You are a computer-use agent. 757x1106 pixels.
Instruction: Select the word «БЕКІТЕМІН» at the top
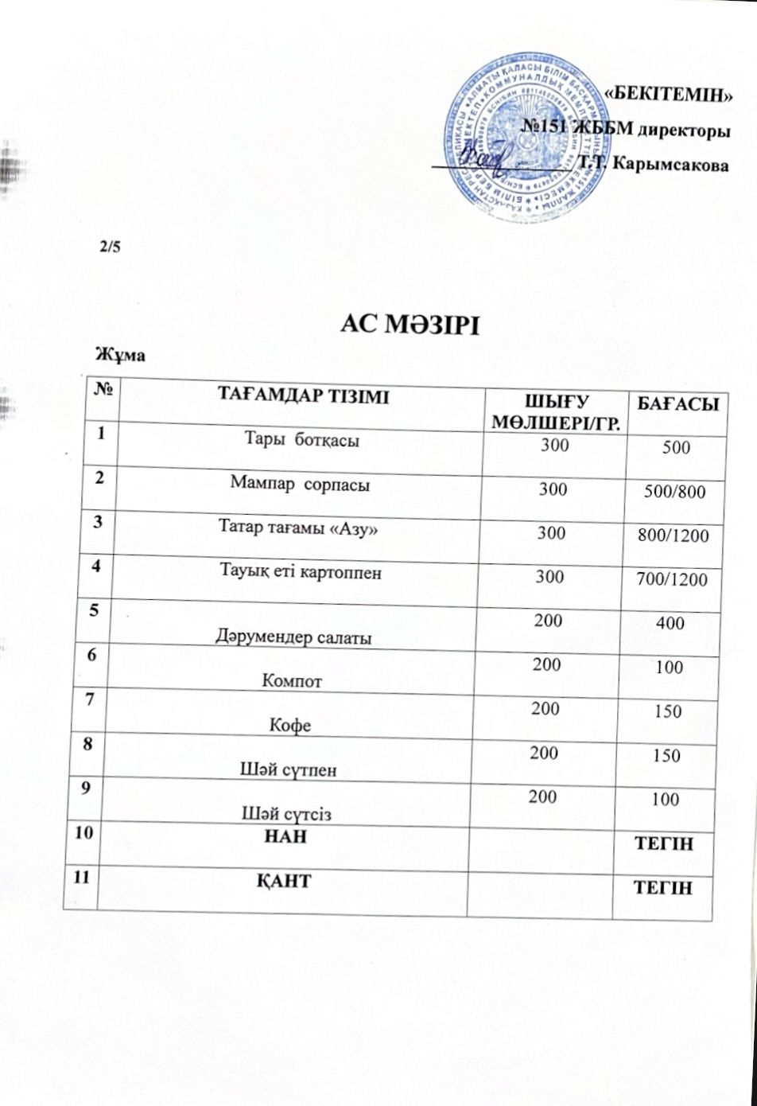[668, 93]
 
